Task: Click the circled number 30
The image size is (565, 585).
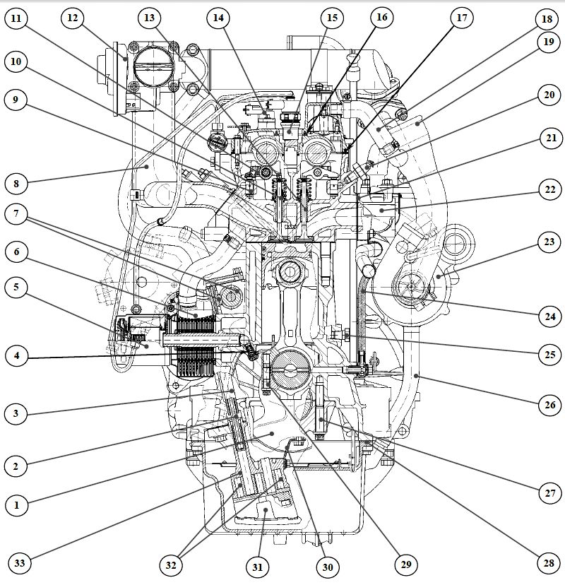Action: pos(327,565)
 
